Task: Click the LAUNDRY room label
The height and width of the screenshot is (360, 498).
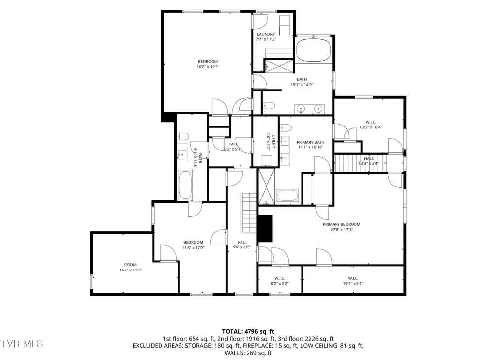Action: [x=266, y=34]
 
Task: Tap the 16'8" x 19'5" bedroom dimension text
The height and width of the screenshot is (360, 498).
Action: [x=208, y=67]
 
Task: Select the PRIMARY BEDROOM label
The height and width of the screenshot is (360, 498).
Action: [x=342, y=224]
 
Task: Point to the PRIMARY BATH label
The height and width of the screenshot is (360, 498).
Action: [x=310, y=142]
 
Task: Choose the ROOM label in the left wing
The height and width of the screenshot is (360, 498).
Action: [x=130, y=265]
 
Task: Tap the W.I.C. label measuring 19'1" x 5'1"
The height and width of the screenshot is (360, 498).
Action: [x=353, y=278]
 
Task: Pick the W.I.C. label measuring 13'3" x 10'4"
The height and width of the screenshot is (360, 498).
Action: [x=371, y=122]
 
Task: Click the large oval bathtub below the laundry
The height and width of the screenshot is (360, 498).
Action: [x=314, y=50]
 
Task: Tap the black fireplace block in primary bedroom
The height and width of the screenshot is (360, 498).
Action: [x=265, y=228]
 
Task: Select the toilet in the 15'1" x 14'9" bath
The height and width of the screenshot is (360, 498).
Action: [x=268, y=106]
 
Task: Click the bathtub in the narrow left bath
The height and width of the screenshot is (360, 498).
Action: [x=185, y=185]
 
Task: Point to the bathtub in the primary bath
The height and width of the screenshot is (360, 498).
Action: [x=287, y=196]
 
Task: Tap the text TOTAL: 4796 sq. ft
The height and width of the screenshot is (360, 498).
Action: [x=248, y=332]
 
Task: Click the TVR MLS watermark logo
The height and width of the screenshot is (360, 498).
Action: [x=21, y=343]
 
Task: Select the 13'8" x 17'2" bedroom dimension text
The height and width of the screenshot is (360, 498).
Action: [x=193, y=248]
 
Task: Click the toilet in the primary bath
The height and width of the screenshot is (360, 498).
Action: [x=286, y=128]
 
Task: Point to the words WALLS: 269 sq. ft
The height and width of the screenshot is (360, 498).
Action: [x=248, y=353]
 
